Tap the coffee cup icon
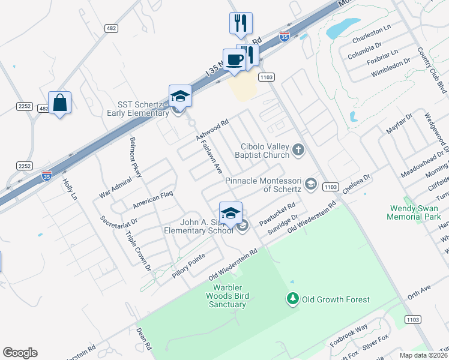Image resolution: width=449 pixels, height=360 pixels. point(234,60)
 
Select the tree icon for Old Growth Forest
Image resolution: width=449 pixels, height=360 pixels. point(292,299)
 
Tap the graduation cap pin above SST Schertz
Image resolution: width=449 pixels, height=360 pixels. point(180,95)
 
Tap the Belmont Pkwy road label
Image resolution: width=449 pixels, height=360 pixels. point(136,157)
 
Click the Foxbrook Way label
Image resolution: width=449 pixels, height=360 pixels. point(349,336)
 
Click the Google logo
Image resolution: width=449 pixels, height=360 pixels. point(20,353)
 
